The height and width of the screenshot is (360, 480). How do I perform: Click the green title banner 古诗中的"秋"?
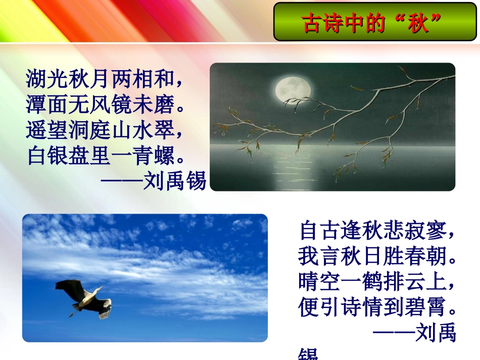(374, 22)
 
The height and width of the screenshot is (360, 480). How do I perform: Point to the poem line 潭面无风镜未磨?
(104, 106)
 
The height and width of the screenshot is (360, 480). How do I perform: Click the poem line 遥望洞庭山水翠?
(104, 131)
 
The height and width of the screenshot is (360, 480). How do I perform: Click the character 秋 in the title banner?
(418, 22)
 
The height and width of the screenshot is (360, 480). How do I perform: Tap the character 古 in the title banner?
(312, 22)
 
